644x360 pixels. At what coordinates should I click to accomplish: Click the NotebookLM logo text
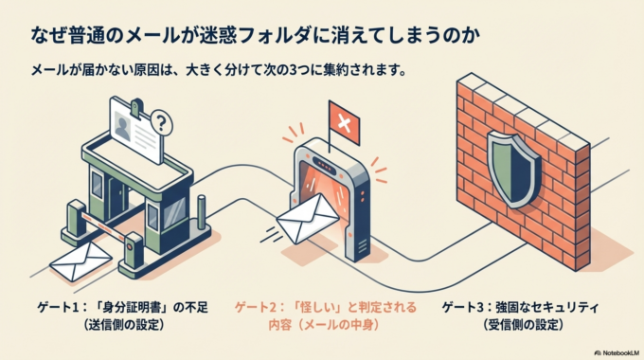click(608, 350)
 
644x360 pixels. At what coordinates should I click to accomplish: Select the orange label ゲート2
click(259, 309)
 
